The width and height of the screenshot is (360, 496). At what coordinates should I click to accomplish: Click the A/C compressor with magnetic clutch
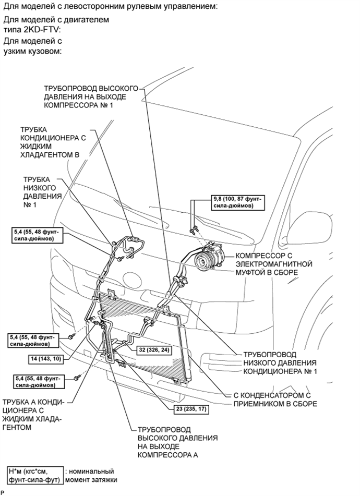tap(206, 258)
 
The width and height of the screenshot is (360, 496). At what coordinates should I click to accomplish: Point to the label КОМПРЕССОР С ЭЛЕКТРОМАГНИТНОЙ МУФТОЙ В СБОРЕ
tap(274, 264)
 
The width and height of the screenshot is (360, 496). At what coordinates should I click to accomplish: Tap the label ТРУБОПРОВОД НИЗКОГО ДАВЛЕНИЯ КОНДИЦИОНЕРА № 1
tap(280, 362)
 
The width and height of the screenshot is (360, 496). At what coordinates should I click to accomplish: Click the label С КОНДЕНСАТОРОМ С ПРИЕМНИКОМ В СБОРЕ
tap(275, 400)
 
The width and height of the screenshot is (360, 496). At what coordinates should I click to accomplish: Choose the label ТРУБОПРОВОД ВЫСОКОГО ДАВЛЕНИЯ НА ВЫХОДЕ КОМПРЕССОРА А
tap(177, 442)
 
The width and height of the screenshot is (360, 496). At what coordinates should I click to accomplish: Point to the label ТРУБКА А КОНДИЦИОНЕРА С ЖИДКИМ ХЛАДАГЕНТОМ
tap(33, 415)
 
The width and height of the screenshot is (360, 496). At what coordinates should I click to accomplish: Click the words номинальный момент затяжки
tap(91, 476)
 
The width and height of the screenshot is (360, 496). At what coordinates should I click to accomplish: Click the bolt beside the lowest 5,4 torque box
tap(76, 378)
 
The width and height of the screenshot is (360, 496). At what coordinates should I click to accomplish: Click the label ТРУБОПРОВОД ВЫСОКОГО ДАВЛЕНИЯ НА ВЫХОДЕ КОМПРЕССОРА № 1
tap(91, 96)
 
